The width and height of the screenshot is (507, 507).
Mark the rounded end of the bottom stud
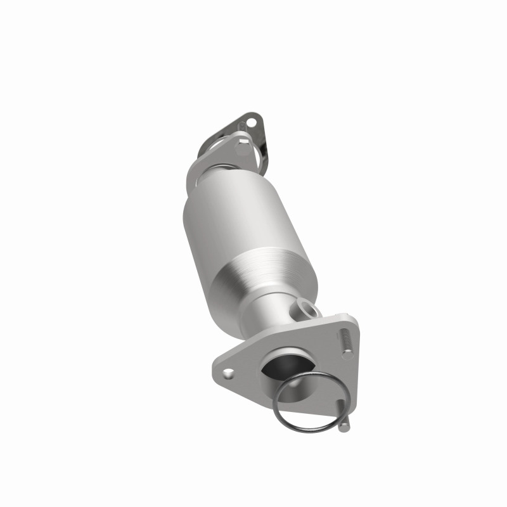[343, 427]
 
